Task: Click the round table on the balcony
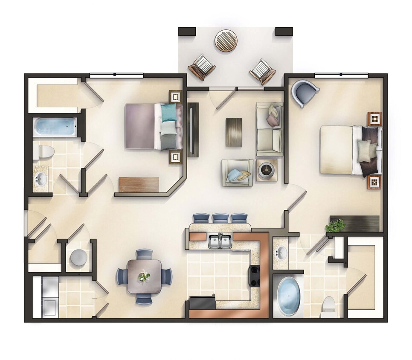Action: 225,41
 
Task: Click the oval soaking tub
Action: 289,296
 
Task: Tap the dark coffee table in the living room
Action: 234,132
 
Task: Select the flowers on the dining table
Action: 144,276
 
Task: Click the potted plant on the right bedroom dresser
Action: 337,225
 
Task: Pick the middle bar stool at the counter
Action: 221,218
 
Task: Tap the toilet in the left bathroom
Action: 46,151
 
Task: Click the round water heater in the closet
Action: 78,258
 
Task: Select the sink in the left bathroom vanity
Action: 41,179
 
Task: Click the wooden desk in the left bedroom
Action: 139,184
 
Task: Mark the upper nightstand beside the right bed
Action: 374,119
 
